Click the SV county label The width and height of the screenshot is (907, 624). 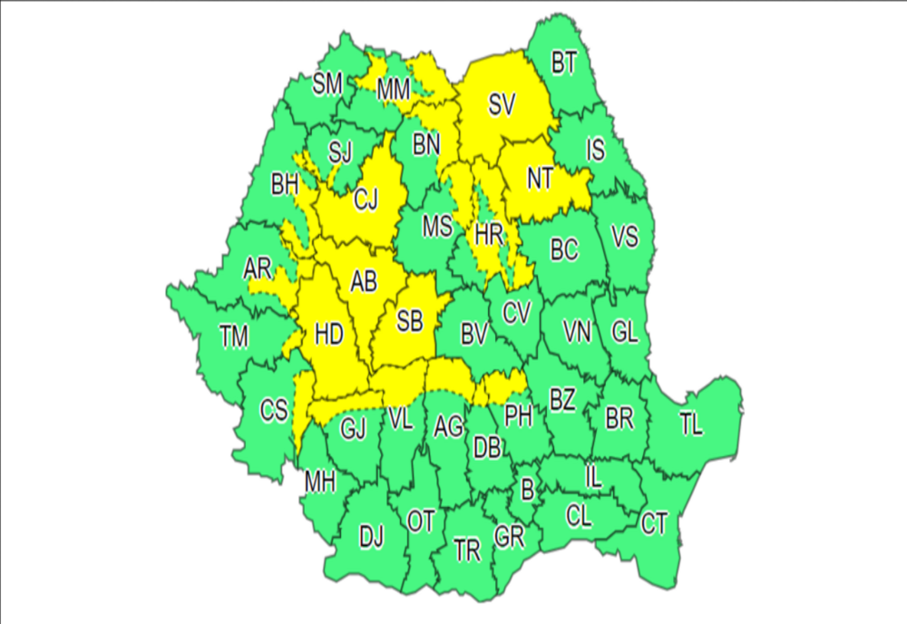(502, 105)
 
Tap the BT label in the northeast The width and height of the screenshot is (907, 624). (564, 63)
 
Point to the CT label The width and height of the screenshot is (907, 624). (654, 523)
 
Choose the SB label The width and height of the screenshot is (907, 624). (410, 319)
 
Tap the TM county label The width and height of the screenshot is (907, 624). (234, 337)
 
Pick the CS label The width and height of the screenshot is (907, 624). (274, 410)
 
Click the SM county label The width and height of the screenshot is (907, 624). (327, 84)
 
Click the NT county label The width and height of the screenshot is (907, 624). (541, 179)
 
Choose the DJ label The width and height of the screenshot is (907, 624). (371, 538)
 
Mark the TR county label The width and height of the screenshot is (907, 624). (467, 551)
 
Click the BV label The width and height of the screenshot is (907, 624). (474, 336)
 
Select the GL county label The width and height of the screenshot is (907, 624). (624, 333)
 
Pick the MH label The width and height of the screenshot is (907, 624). (319, 483)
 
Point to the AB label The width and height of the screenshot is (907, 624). (364, 283)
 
